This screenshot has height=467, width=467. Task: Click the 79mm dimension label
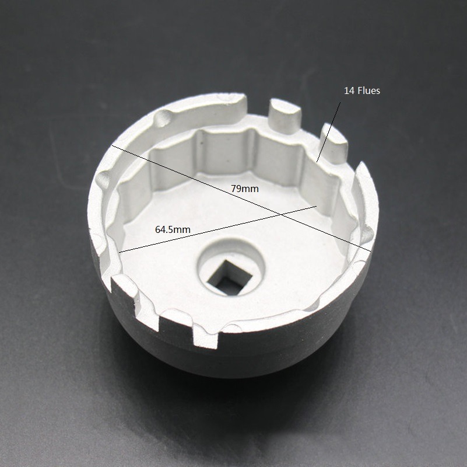click(244, 189)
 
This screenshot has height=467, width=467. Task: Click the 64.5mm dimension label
click(173, 229)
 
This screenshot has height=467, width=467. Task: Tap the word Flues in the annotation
click(368, 90)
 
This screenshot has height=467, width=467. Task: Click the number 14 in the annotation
click(349, 90)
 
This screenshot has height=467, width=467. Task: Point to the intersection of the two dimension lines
click(280, 214)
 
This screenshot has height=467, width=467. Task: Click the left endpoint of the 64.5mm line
click(119, 252)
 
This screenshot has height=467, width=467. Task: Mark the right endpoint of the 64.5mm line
click(317, 206)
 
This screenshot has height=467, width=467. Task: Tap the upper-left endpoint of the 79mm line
click(112, 145)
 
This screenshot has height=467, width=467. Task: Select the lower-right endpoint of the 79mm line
click(371, 251)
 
